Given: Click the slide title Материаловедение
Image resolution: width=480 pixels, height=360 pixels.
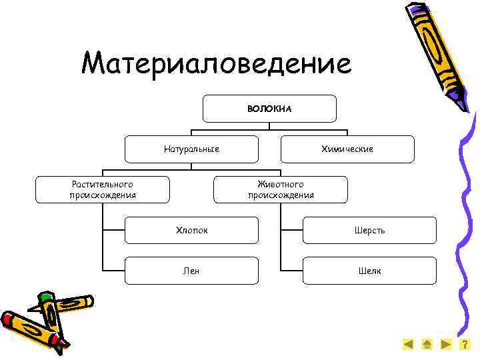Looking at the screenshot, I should pos(215,64).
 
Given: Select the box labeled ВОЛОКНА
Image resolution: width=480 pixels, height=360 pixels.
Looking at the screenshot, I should pos(269,108).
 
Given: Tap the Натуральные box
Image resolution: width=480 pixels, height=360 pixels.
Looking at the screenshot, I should pos(191,149).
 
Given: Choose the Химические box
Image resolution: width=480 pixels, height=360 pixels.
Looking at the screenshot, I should pos(347,149).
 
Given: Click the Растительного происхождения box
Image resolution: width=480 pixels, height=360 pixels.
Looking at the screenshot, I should pos(103,189).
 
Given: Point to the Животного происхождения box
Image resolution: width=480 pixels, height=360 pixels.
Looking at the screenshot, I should pos(280,189).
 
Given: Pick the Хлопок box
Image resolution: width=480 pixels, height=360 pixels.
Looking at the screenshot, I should pos(191,230).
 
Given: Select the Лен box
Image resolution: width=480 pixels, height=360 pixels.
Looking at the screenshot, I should pos(191,271).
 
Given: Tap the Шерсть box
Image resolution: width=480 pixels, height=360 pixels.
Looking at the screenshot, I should pos(369,230).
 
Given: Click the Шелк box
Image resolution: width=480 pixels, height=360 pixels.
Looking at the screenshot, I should pos(369,271).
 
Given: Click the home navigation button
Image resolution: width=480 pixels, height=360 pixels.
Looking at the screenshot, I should pos(427,345).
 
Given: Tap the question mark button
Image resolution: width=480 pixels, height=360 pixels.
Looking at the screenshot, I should pos(465,345).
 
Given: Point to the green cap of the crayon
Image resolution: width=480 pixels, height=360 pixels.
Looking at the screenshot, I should pos(45,297).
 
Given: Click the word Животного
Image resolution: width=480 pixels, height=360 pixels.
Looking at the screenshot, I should pos(280,184).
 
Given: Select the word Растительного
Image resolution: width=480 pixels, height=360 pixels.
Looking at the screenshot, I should pos(103,184).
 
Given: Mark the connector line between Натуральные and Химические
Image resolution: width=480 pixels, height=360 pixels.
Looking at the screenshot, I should pos(269,129).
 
